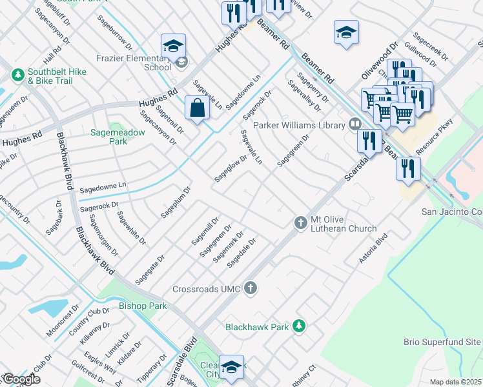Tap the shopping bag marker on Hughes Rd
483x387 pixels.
[197, 109]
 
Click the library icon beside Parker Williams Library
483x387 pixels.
[354, 124]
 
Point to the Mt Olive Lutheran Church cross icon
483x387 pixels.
[300, 222]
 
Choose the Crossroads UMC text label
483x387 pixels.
[207, 289]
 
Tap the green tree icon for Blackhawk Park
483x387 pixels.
[298, 326]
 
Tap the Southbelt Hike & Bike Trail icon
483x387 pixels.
[17, 75]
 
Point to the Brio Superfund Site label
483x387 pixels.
[442, 341]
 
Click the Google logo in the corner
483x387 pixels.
[21, 379]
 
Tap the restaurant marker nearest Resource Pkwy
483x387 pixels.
[408, 168]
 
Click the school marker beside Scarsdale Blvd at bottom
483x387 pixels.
[231, 367]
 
